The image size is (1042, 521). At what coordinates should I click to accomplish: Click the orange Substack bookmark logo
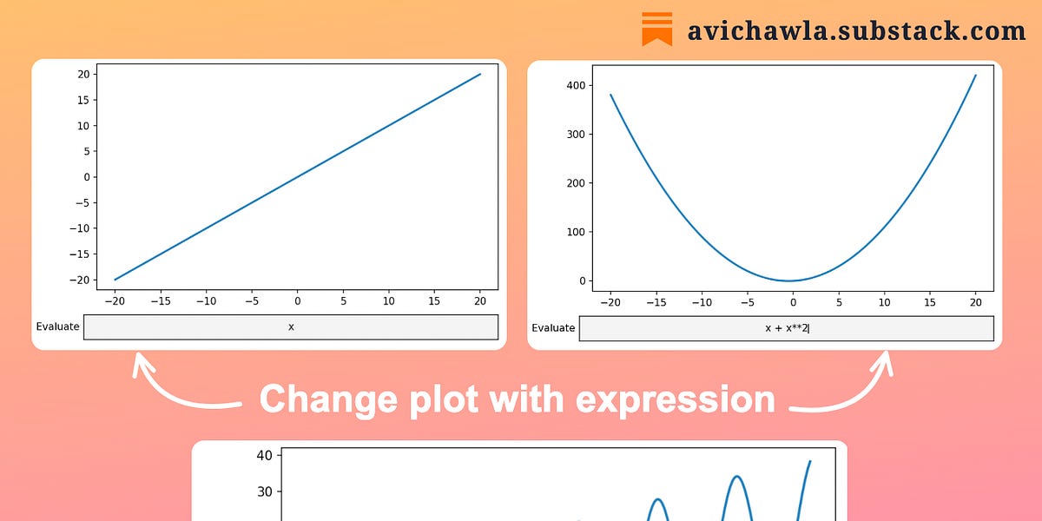[657, 29]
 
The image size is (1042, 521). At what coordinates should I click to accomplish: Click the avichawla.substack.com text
[856, 30]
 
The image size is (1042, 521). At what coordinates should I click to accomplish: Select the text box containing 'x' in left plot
[290, 327]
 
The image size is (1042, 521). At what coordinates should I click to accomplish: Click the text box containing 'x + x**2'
[786, 328]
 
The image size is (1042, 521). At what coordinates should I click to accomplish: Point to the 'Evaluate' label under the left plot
[57, 327]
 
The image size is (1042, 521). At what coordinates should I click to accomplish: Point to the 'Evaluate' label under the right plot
[553, 328]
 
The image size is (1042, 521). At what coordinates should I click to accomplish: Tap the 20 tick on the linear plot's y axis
[83, 74]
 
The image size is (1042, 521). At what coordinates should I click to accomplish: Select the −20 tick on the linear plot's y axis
[80, 280]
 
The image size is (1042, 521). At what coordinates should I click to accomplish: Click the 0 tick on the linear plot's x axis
[297, 301]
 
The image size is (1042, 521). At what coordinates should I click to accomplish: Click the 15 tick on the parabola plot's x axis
[930, 302]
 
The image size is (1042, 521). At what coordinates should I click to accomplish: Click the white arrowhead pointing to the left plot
[139, 365]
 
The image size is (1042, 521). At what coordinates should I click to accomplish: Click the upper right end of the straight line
[480, 74]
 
